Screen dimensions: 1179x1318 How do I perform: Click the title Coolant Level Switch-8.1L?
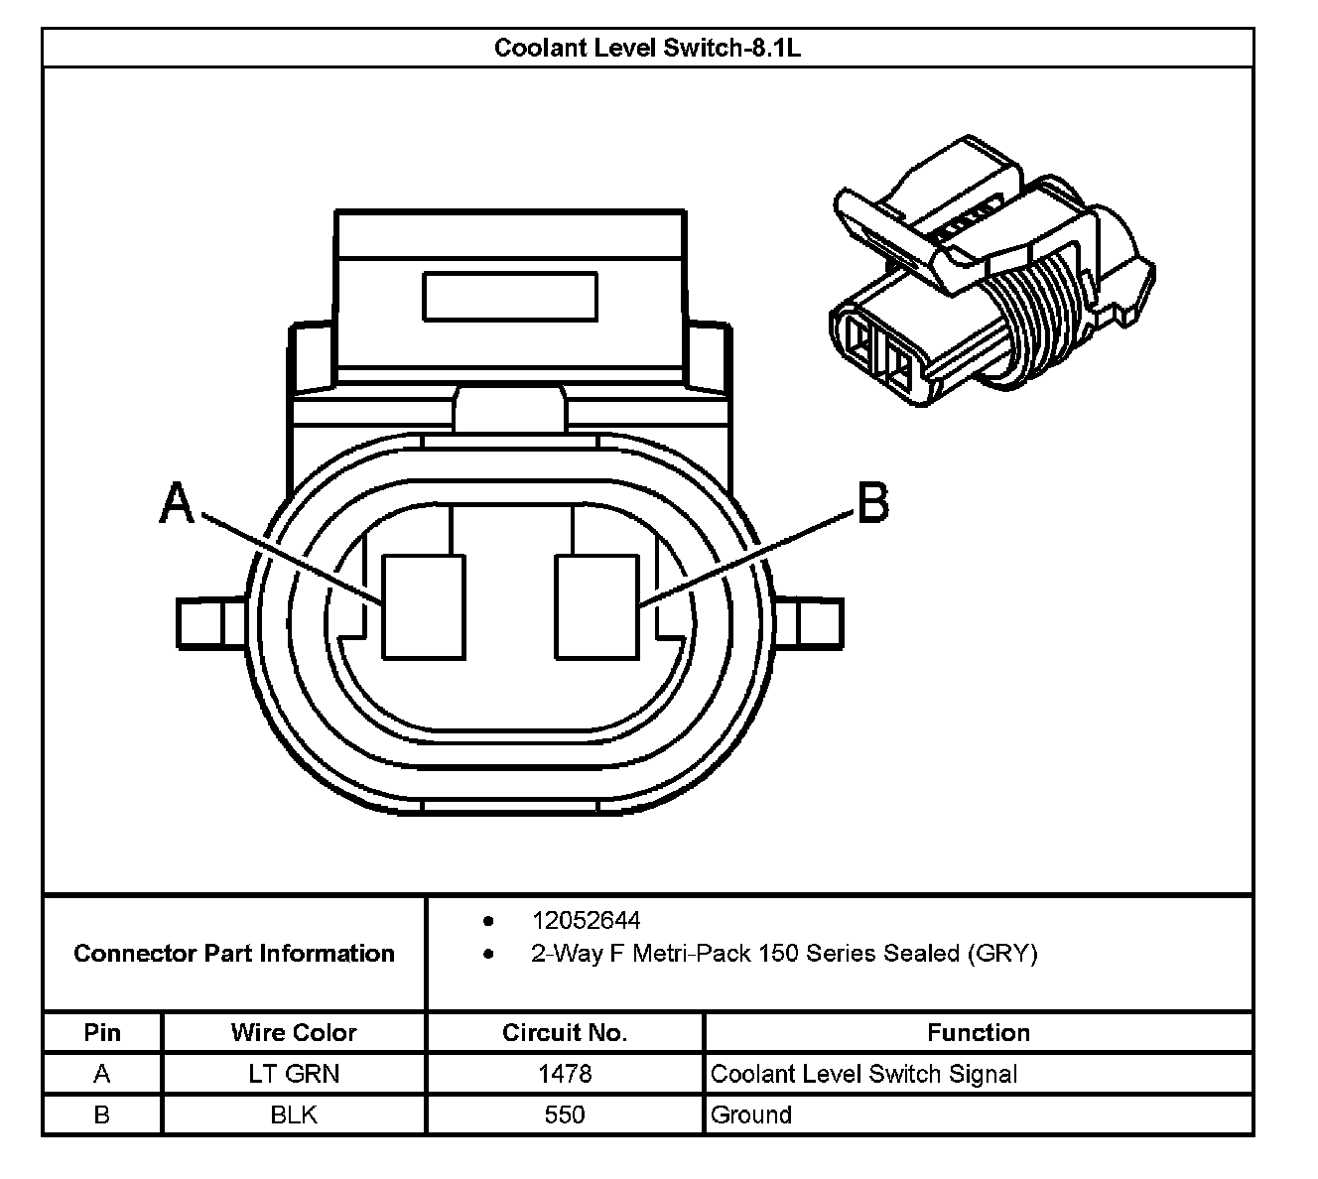pyautogui.click(x=647, y=48)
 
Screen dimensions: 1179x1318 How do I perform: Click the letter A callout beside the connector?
pyautogui.click(x=177, y=503)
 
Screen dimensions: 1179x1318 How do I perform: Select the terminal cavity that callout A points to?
pyautogui.click(x=424, y=606)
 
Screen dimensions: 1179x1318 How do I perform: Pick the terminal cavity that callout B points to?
pyautogui.click(x=596, y=606)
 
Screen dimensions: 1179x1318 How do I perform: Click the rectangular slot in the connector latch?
pyautogui.click(x=510, y=297)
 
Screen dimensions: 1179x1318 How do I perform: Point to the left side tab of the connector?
pyautogui.click(x=209, y=623)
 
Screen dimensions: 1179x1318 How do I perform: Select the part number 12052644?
pyautogui.click(x=586, y=920)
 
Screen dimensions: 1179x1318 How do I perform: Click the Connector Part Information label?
pyautogui.click(x=234, y=954)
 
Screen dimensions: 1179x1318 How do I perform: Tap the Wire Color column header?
pyautogui.click(x=294, y=1032)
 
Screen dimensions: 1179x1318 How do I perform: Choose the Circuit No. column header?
pyautogui.click(x=565, y=1032)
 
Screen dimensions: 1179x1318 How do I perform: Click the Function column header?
pyautogui.click(x=979, y=1032)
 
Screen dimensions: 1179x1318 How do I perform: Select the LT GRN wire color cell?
pyautogui.click(x=294, y=1074)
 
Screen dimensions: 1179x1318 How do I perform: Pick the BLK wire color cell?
pyautogui.click(x=294, y=1114)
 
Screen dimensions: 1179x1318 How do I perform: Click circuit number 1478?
pyautogui.click(x=565, y=1074)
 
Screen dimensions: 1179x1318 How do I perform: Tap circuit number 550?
pyautogui.click(x=565, y=1114)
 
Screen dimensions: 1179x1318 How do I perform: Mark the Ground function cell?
pyautogui.click(x=751, y=1114)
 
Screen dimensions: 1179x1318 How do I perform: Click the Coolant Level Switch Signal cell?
pyautogui.click(x=864, y=1074)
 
